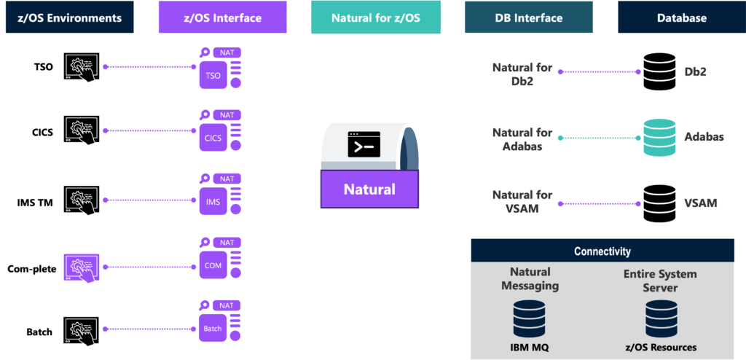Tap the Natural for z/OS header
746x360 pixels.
point(375,17)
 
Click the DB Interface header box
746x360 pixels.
point(529,17)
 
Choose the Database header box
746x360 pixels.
point(681,17)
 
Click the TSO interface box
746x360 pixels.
point(213,76)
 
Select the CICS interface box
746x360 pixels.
point(213,138)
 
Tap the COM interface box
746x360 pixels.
point(213,265)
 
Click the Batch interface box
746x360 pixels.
point(213,329)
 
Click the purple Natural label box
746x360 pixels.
point(369,189)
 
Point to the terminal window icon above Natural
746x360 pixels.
point(364,145)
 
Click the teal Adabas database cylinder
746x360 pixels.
point(659,138)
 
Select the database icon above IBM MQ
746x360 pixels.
point(530,318)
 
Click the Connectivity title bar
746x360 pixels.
point(602,251)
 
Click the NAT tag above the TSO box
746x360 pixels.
point(227,52)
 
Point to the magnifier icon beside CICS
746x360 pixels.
point(205,115)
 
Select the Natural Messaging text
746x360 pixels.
point(530,280)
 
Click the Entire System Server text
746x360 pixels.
point(659,281)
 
